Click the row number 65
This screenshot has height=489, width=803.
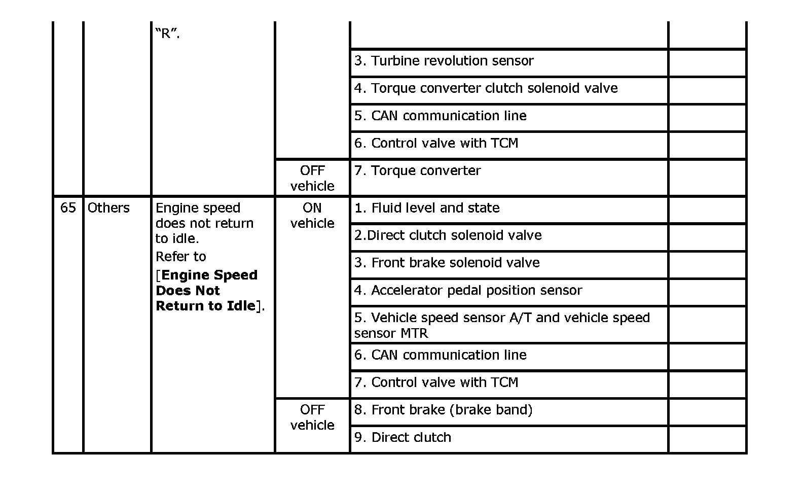(68, 208)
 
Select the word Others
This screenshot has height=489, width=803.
(108, 208)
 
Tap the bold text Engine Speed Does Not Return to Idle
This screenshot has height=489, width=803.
(207, 291)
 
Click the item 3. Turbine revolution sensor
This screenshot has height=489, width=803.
(444, 61)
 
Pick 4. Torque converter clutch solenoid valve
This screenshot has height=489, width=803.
(486, 88)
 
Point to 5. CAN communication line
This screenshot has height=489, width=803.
(440, 116)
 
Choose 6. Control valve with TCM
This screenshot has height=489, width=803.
(436, 143)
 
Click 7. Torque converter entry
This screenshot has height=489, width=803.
(417, 170)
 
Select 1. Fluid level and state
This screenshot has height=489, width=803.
(427, 208)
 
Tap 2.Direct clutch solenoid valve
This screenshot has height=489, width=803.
(448, 235)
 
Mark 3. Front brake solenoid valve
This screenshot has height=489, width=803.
(447, 263)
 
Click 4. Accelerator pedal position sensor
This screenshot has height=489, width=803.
(468, 290)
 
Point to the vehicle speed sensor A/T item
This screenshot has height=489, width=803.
(501, 325)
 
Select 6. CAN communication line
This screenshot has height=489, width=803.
(440, 355)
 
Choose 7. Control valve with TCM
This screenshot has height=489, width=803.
(436, 382)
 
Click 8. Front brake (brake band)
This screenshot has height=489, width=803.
(443, 410)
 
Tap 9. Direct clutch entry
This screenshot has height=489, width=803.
(403, 437)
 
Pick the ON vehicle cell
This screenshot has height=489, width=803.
(312, 216)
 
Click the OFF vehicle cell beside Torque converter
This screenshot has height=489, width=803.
(312, 178)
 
